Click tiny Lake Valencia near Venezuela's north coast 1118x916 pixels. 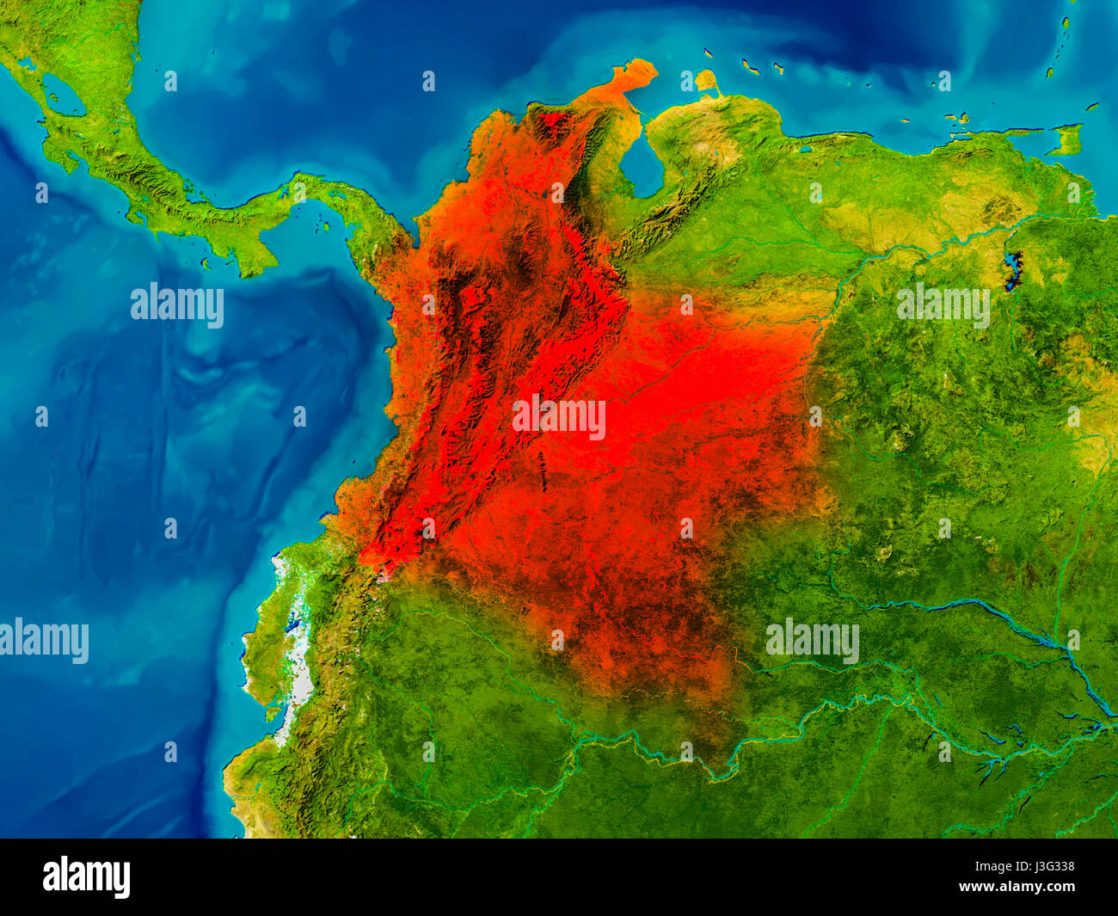(x=804, y=148)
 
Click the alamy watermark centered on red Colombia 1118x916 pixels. (x=559, y=418)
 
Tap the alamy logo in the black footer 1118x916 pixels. (x=86, y=877)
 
